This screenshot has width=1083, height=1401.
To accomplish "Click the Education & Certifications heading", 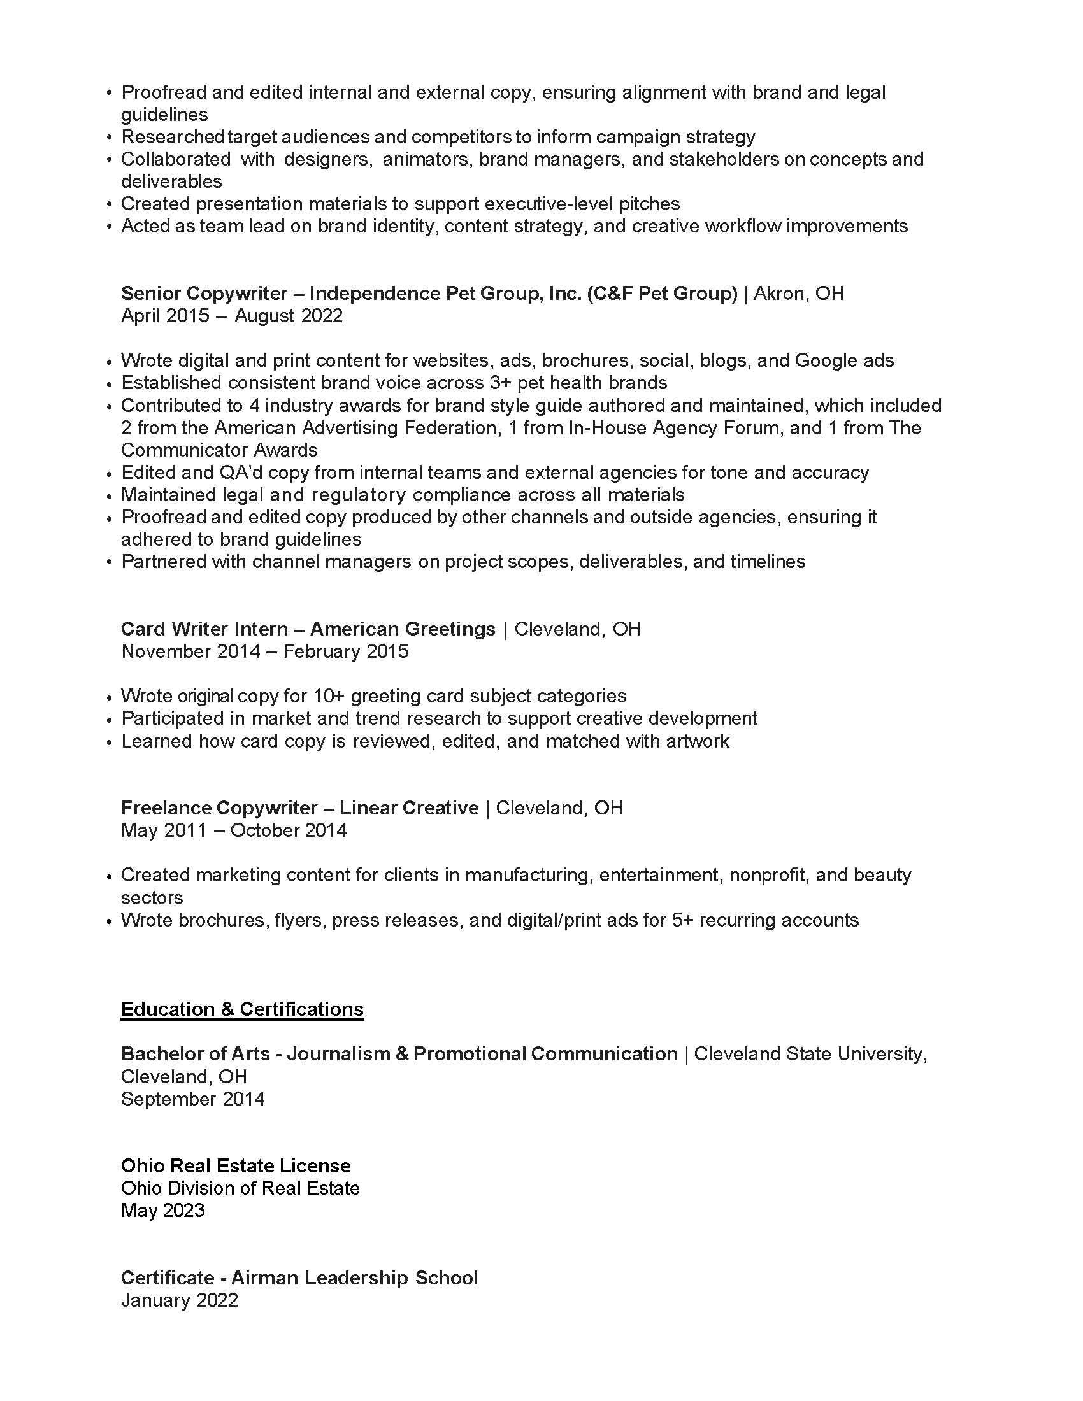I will (x=242, y=1009).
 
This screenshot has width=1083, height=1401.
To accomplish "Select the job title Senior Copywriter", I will (x=204, y=293).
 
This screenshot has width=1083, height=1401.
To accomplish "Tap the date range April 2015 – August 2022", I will (x=232, y=316).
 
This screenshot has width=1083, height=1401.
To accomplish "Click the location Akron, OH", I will (x=798, y=293).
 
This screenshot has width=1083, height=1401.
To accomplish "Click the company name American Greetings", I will (x=402, y=629).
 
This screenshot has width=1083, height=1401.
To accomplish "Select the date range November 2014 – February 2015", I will (x=265, y=651).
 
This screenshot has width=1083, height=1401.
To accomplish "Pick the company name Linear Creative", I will (x=409, y=807).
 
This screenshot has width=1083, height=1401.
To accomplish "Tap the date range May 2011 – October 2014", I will (x=234, y=830).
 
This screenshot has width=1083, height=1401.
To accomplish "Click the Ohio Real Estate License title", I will (x=236, y=1165).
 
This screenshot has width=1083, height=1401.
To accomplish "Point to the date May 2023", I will (x=163, y=1211).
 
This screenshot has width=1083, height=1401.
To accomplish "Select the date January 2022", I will (x=180, y=1300).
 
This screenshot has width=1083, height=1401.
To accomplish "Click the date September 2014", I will (x=192, y=1099).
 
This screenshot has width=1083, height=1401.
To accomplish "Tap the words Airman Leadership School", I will (x=354, y=1278).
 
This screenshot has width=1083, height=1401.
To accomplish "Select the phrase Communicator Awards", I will (x=219, y=450).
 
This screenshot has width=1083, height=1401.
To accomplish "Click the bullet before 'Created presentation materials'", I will (x=110, y=204).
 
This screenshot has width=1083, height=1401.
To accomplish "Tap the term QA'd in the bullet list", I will (x=237, y=472).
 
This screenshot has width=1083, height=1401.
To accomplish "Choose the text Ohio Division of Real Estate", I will (x=240, y=1188).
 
